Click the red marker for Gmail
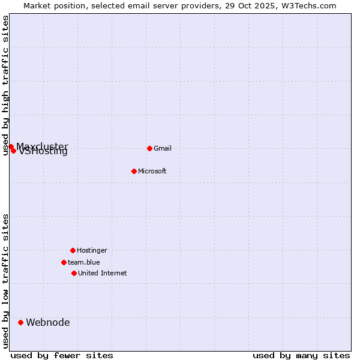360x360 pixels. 149,148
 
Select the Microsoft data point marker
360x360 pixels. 134,171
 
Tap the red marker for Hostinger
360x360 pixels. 73,250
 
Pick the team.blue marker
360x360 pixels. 64,262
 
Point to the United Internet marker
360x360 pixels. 74,273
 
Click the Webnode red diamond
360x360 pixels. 20,322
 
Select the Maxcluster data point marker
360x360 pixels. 11,146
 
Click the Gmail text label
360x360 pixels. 163,148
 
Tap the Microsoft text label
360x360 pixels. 152,171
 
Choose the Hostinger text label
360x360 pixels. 92,250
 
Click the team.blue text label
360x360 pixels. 83,262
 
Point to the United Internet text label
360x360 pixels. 102,273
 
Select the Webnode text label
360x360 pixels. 47,322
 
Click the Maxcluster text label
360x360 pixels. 42,146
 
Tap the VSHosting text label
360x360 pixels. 43,152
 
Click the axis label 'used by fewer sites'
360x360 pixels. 62,355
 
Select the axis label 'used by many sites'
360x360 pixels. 301,355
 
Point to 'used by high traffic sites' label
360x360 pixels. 6,85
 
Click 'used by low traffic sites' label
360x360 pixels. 6,281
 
